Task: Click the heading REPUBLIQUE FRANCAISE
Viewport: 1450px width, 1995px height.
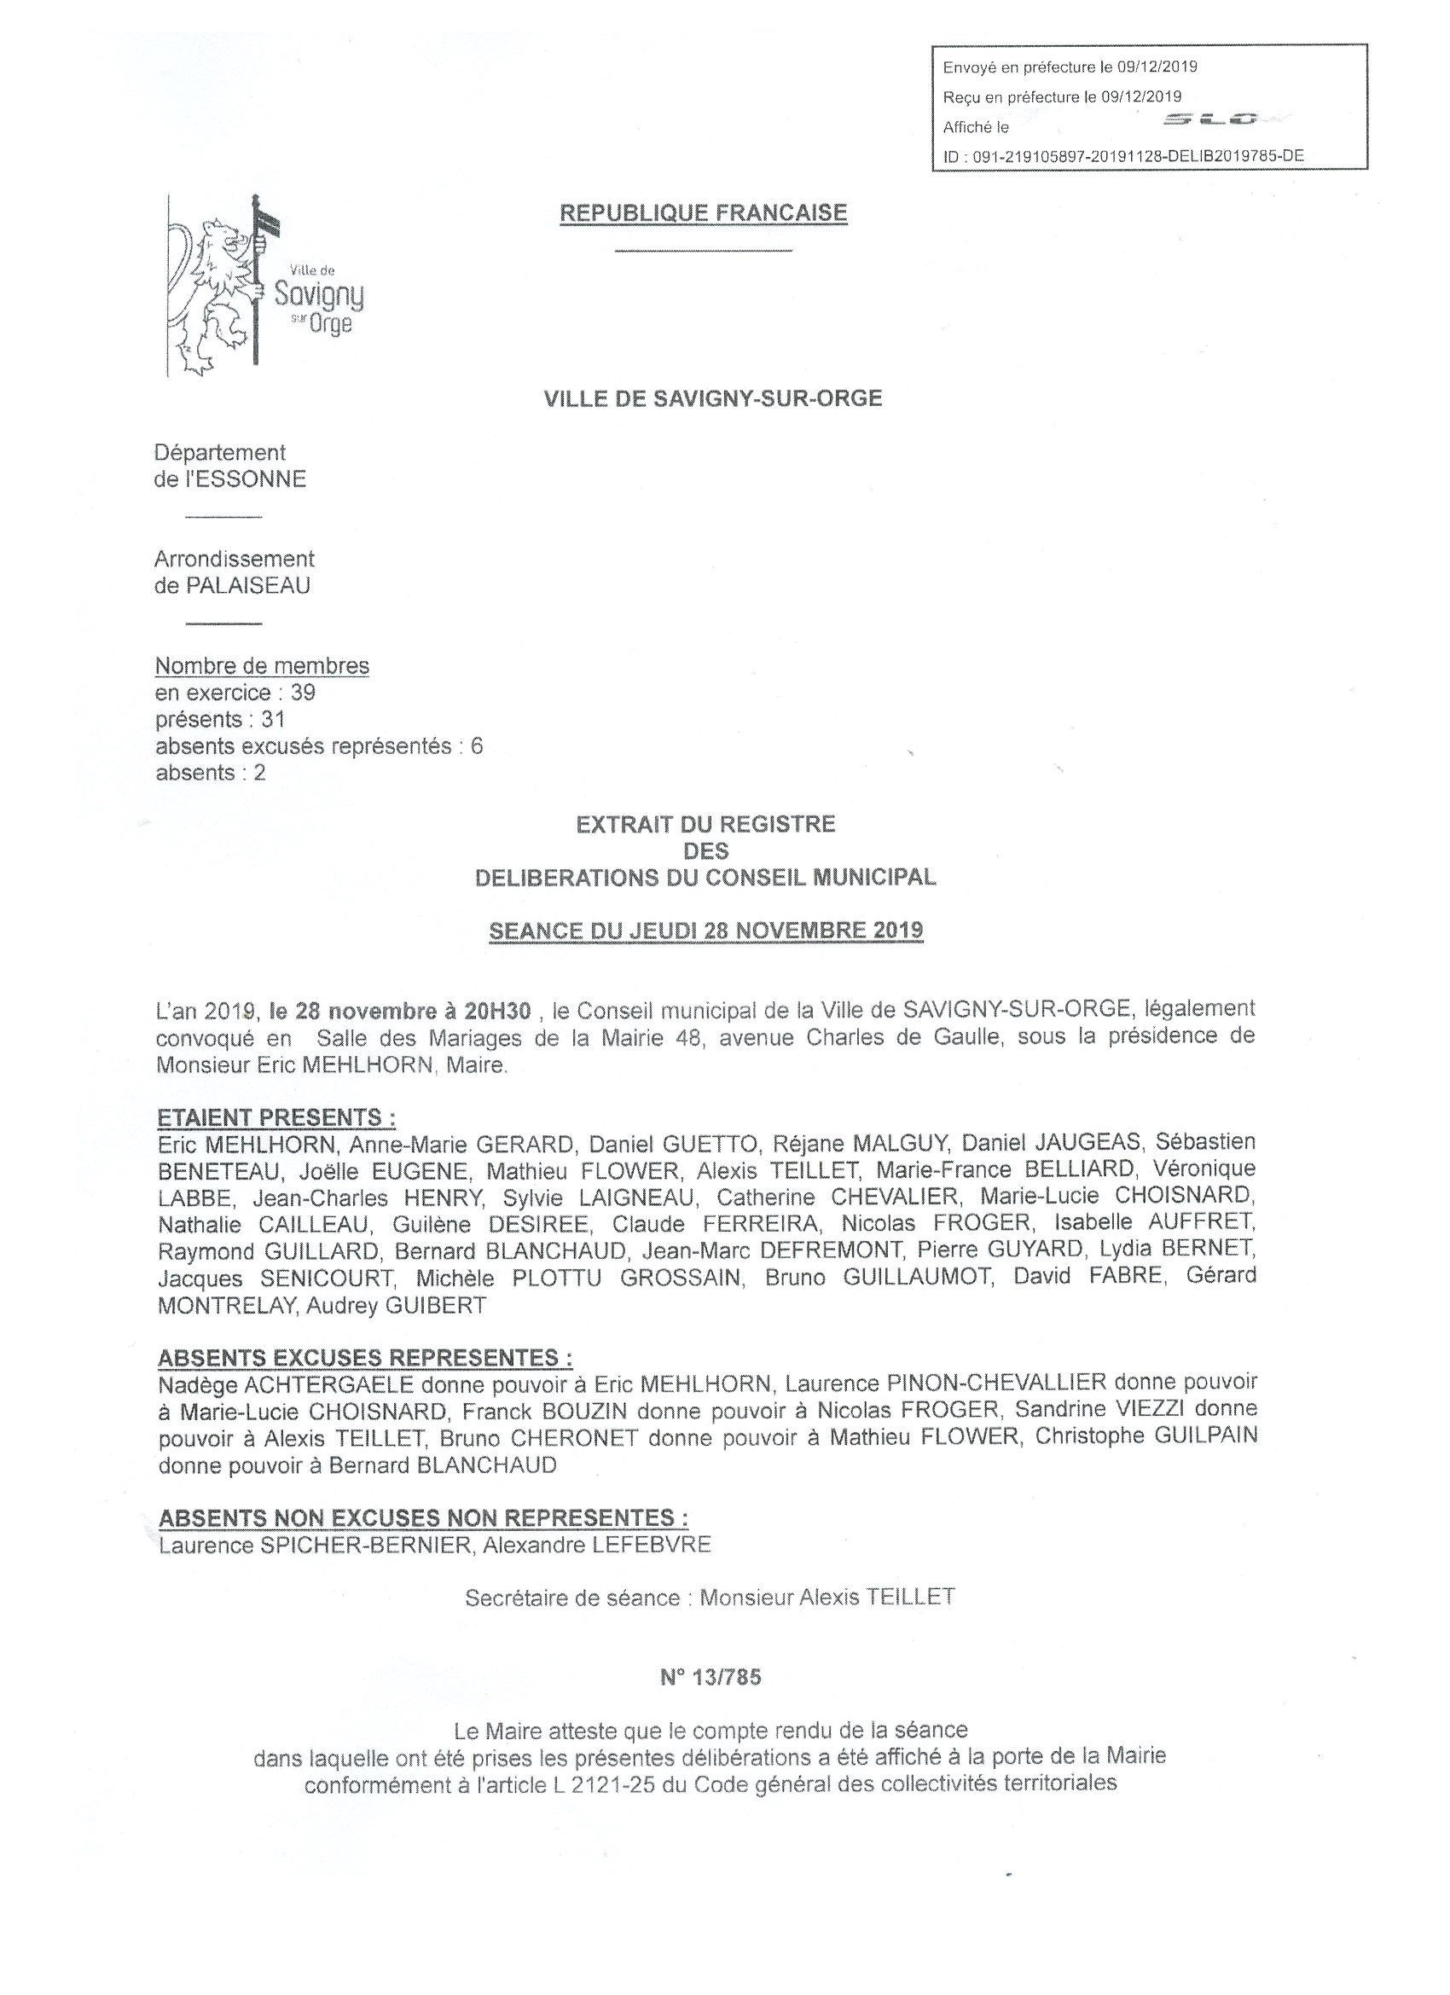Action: click(x=703, y=213)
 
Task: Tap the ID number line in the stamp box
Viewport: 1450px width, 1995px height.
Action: click(x=1123, y=157)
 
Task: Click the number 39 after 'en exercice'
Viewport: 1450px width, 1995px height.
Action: click(x=303, y=693)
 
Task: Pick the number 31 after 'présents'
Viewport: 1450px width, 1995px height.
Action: click(x=273, y=720)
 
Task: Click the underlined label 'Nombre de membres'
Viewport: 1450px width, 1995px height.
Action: click(x=262, y=666)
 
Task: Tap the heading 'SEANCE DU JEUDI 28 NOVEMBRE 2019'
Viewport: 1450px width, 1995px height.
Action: click(x=705, y=931)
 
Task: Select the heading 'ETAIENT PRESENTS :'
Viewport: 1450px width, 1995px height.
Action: click(x=276, y=1118)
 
